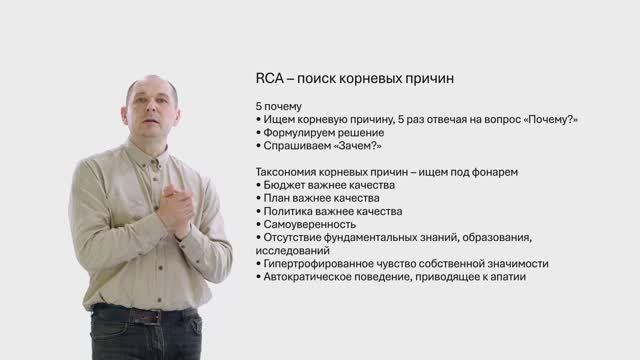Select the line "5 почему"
[279, 106]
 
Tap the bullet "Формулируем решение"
[323, 132]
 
